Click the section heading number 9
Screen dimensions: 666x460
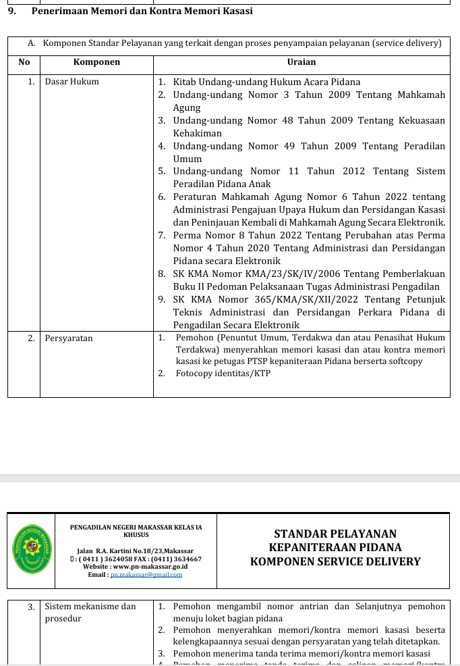(11, 11)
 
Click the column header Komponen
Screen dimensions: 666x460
(96, 62)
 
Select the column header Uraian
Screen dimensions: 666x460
(301, 62)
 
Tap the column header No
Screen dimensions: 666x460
(24, 62)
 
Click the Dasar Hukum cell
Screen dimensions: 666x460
(71, 82)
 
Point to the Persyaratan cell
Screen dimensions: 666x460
(69, 338)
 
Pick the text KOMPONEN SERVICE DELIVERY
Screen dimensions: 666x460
(335, 562)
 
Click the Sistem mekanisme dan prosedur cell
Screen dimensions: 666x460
(90, 612)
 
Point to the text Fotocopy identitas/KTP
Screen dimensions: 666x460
(223, 373)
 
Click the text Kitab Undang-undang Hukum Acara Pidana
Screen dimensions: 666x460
(266, 82)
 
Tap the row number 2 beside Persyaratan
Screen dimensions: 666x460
(31, 338)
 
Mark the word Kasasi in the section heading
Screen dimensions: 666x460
(236, 11)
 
